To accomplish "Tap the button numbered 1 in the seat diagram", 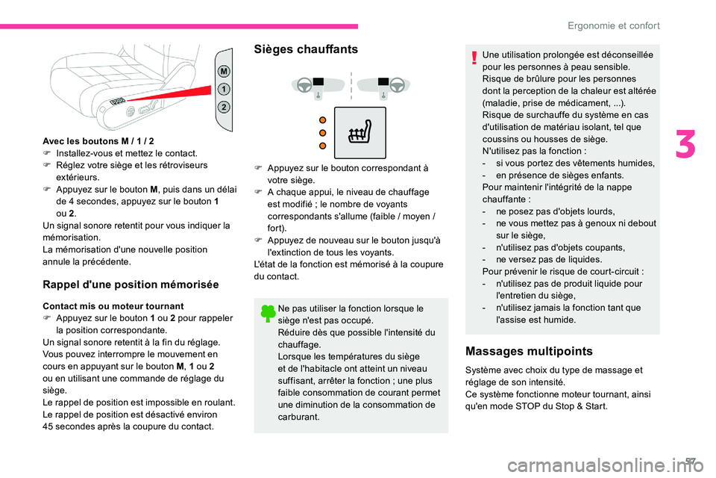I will click(224, 89).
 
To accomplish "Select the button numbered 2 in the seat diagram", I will click(224, 107).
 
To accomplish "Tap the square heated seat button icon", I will click(359, 133).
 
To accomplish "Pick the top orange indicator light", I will click(323, 119).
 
